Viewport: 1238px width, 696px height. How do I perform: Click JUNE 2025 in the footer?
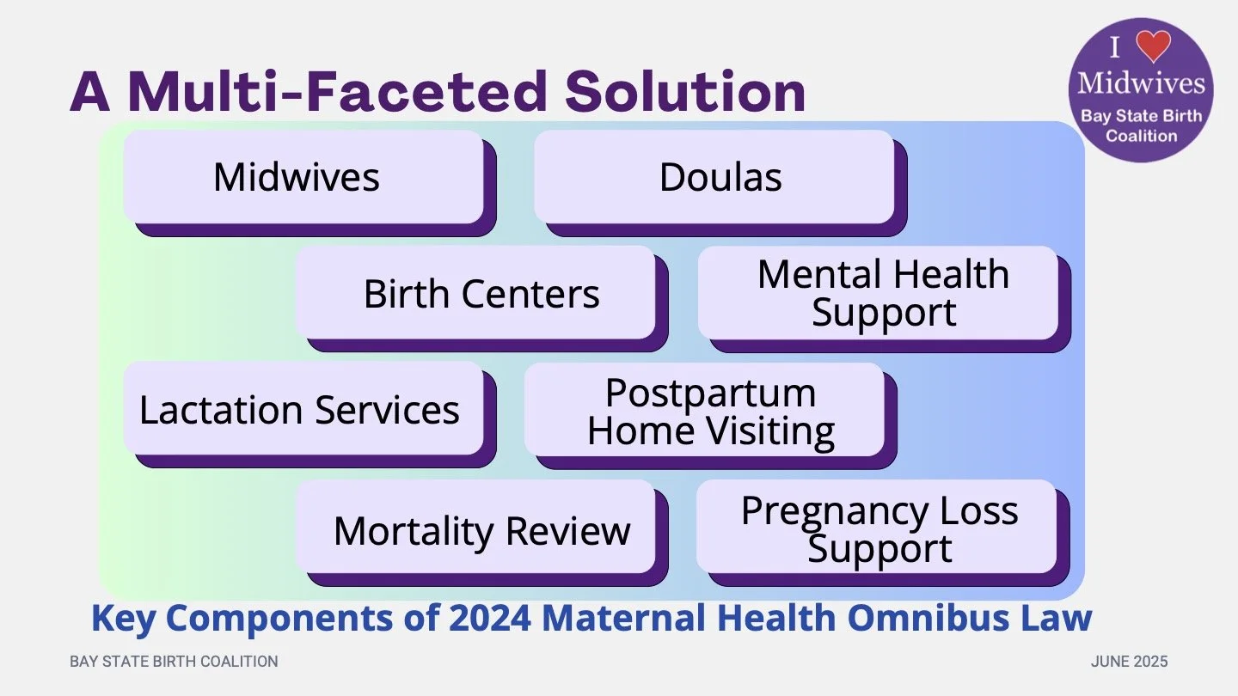click(1129, 662)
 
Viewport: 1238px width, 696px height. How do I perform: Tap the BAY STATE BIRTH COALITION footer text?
click(174, 662)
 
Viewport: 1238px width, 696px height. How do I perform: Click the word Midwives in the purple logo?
click(1141, 82)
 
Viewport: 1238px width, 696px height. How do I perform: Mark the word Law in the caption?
click(1058, 618)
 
